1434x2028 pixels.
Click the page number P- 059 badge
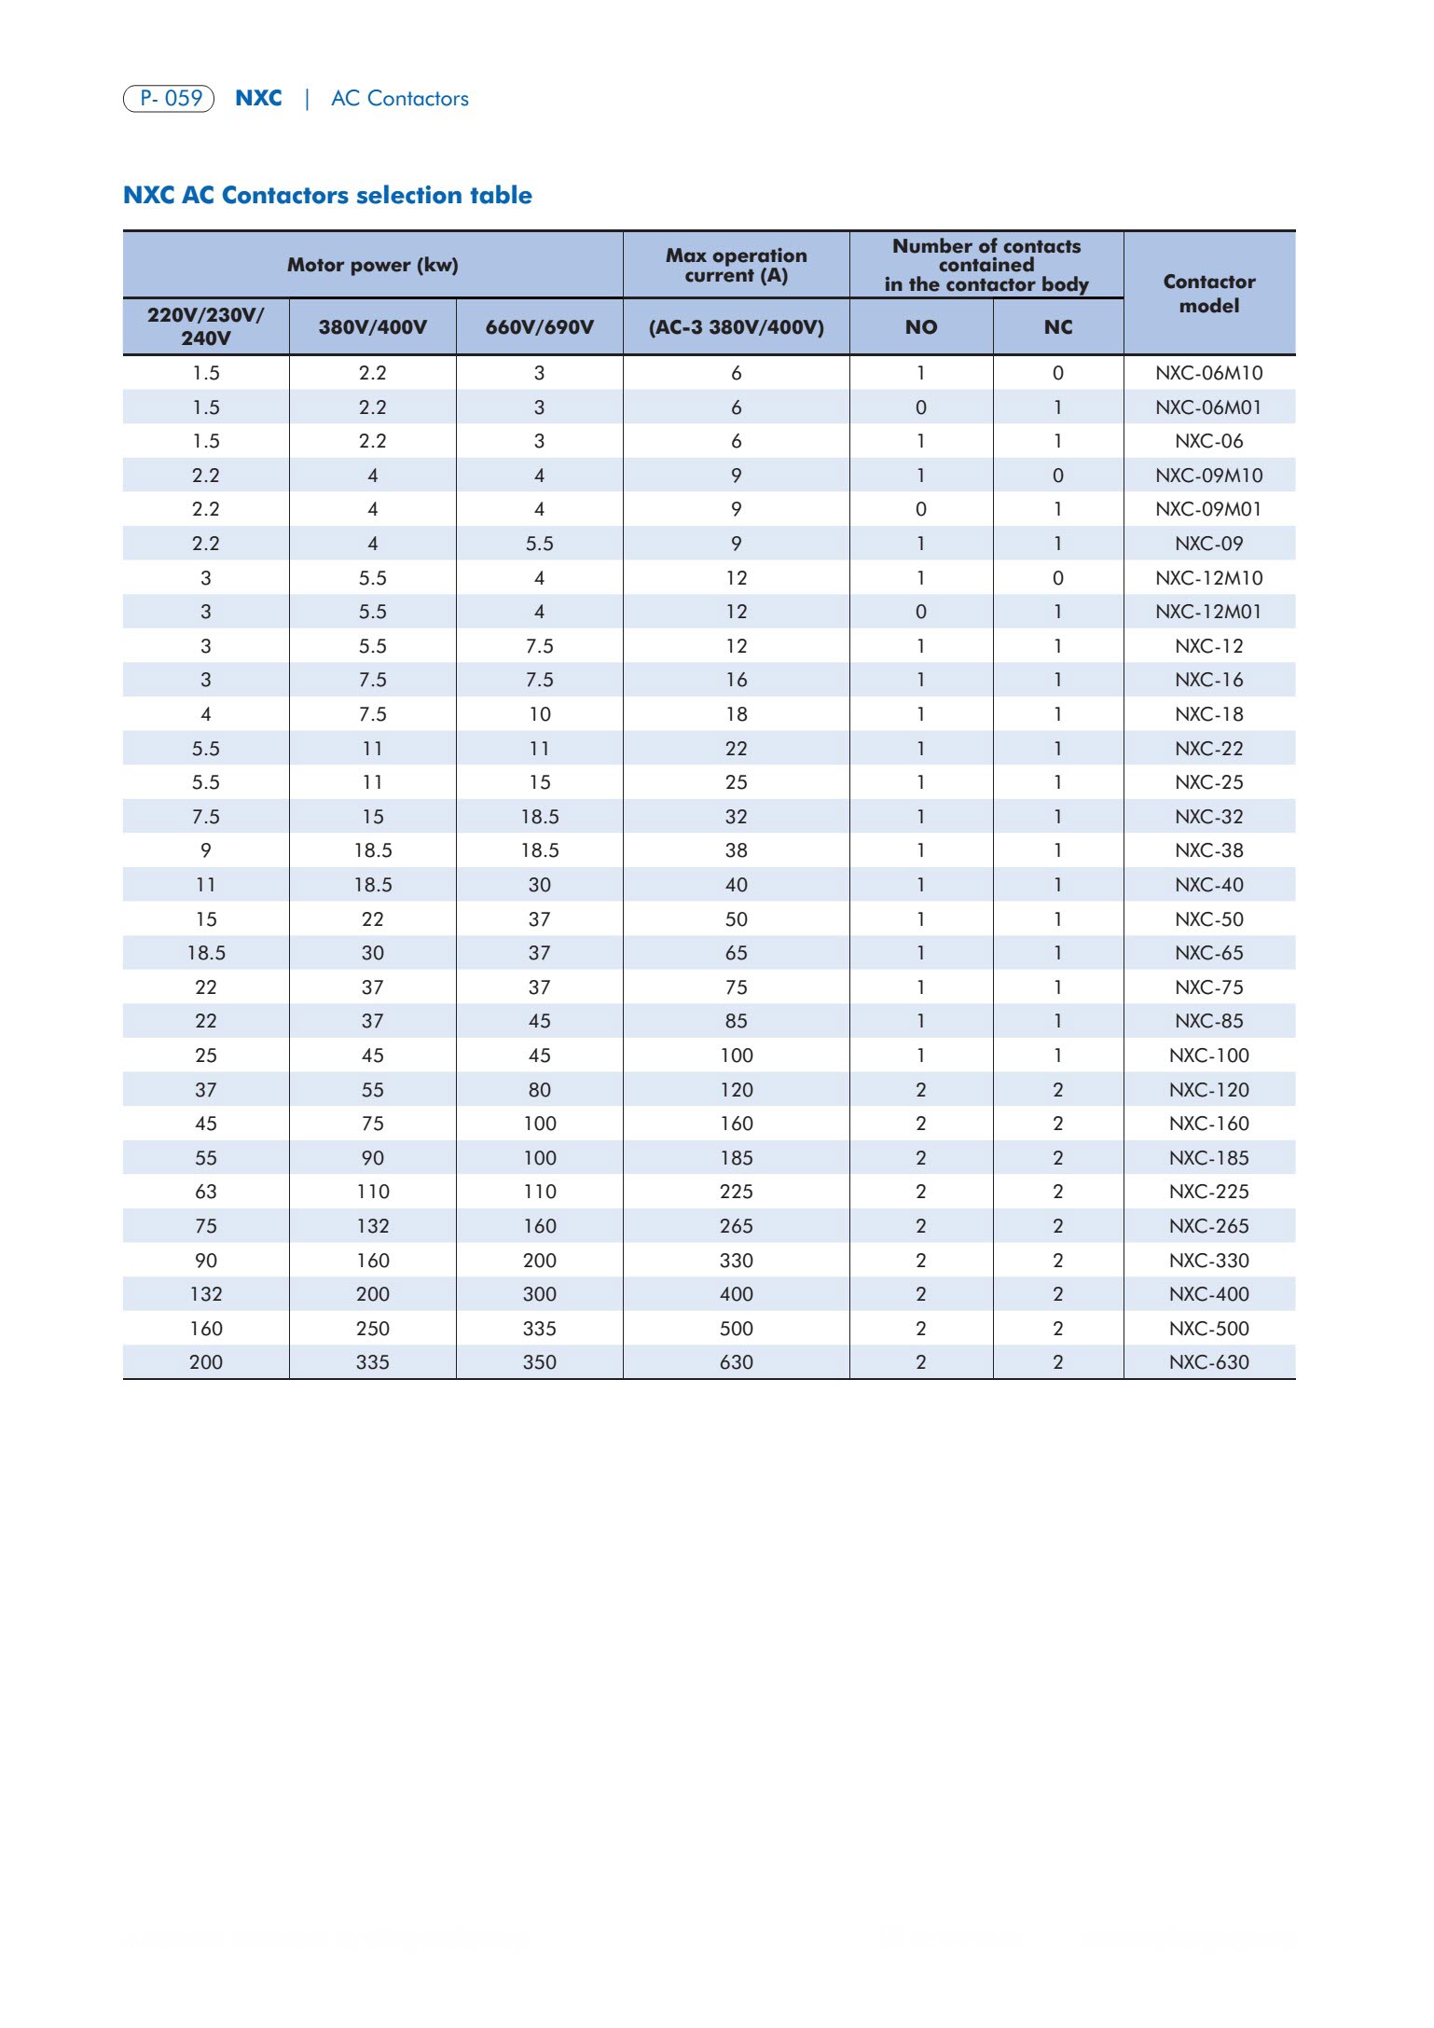pos(169,98)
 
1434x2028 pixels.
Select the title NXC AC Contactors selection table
pos(327,195)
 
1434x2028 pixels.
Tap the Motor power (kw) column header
pos(372,265)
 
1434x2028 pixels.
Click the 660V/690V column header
pos(539,327)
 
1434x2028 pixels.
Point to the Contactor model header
pos(1208,293)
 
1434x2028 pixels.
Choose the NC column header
pos(1057,327)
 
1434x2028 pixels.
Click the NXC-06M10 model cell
pos(1208,373)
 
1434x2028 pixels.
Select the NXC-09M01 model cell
pos(1208,509)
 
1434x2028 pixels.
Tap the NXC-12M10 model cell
pos(1208,578)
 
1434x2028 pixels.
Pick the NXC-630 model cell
pos(1208,1362)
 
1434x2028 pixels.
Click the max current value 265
pos(736,1226)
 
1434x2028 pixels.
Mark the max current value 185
pos(736,1158)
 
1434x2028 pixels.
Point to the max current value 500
pos(736,1329)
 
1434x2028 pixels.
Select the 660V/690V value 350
pos(539,1362)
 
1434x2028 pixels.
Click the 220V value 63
pos(205,1192)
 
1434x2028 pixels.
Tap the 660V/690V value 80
pos(539,1090)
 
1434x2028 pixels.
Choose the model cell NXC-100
pos(1208,1055)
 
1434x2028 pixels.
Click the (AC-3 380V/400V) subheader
pos(736,327)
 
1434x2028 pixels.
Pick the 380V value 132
pos(372,1226)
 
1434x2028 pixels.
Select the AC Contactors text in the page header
pos(399,99)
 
